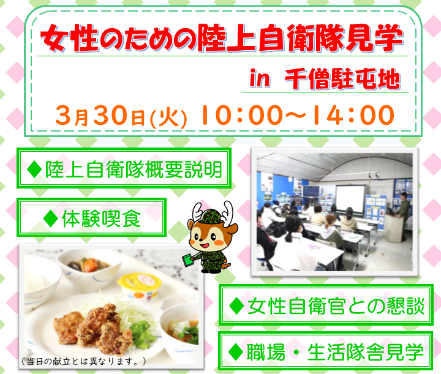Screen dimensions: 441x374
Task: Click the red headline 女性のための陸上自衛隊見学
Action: click(x=222, y=38)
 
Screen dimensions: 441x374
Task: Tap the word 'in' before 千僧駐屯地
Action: click(x=260, y=78)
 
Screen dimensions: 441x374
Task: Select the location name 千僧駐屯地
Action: click(x=342, y=79)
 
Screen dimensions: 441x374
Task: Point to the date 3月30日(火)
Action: click(x=121, y=116)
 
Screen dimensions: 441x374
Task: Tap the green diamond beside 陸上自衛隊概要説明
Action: click(x=34, y=170)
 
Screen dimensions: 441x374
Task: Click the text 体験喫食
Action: click(x=101, y=219)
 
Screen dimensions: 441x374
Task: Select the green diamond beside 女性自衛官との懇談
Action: click(x=236, y=305)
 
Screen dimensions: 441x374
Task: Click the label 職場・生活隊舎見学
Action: click(x=335, y=352)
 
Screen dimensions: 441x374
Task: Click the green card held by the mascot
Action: click(x=189, y=261)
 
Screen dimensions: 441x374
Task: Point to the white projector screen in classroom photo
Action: click(x=350, y=199)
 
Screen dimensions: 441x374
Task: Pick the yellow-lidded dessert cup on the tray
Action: click(x=140, y=286)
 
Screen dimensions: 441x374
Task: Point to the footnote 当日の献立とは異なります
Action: click(x=83, y=361)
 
